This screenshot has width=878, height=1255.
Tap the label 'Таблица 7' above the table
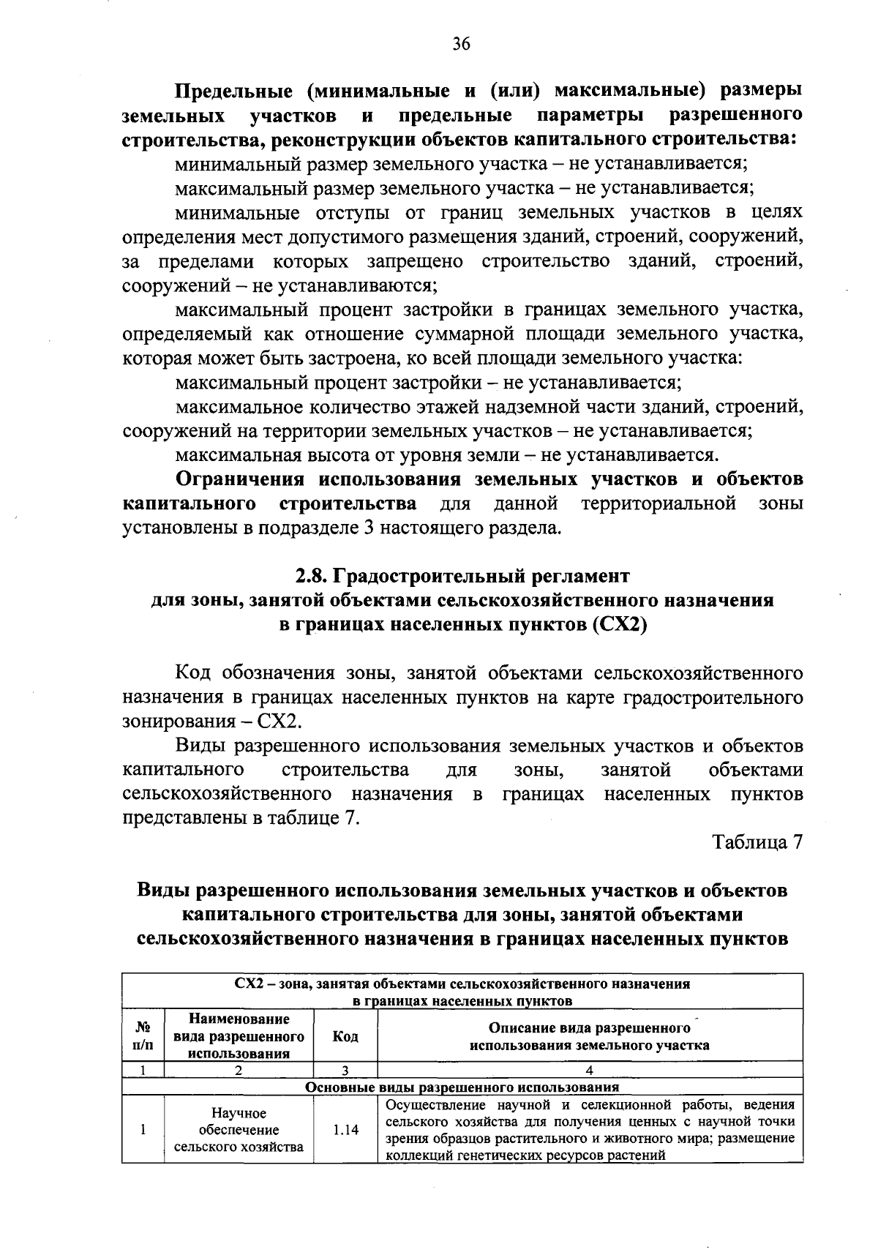758,842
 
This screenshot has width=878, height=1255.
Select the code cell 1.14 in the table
345,1130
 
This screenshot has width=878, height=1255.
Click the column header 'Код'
345,1036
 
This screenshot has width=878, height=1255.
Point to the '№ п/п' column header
143,1036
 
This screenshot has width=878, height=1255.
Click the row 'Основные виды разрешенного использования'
462,1087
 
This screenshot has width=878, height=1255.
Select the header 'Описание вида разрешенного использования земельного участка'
590,1036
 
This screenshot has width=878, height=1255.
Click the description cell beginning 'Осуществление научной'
590,1130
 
